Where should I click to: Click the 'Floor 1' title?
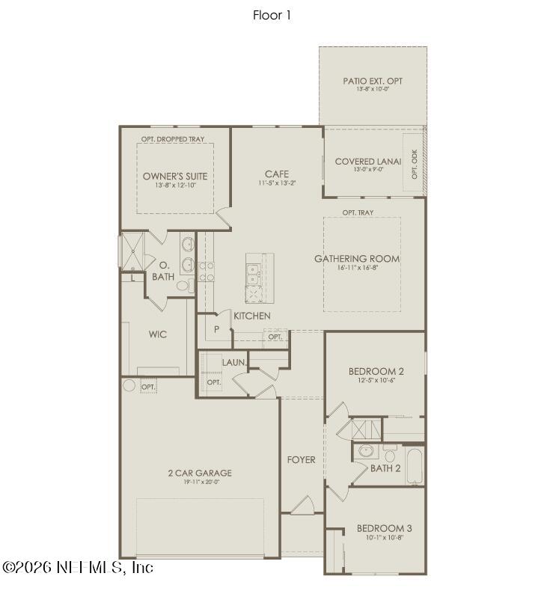(272, 15)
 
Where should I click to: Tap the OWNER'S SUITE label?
(175, 177)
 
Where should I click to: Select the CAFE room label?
(277, 174)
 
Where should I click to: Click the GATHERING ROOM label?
(357, 259)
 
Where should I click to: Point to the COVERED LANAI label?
(367, 161)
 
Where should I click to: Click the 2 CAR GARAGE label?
(200, 473)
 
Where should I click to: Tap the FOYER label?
(302, 459)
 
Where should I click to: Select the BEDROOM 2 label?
(376, 371)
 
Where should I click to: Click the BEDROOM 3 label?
(384, 528)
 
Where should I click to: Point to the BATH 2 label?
(385, 468)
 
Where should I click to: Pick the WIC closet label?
(157, 334)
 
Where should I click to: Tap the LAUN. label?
(234, 363)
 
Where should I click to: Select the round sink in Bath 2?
(367, 451)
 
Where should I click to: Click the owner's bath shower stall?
(132, 252)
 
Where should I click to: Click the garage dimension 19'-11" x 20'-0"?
(200, 483)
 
